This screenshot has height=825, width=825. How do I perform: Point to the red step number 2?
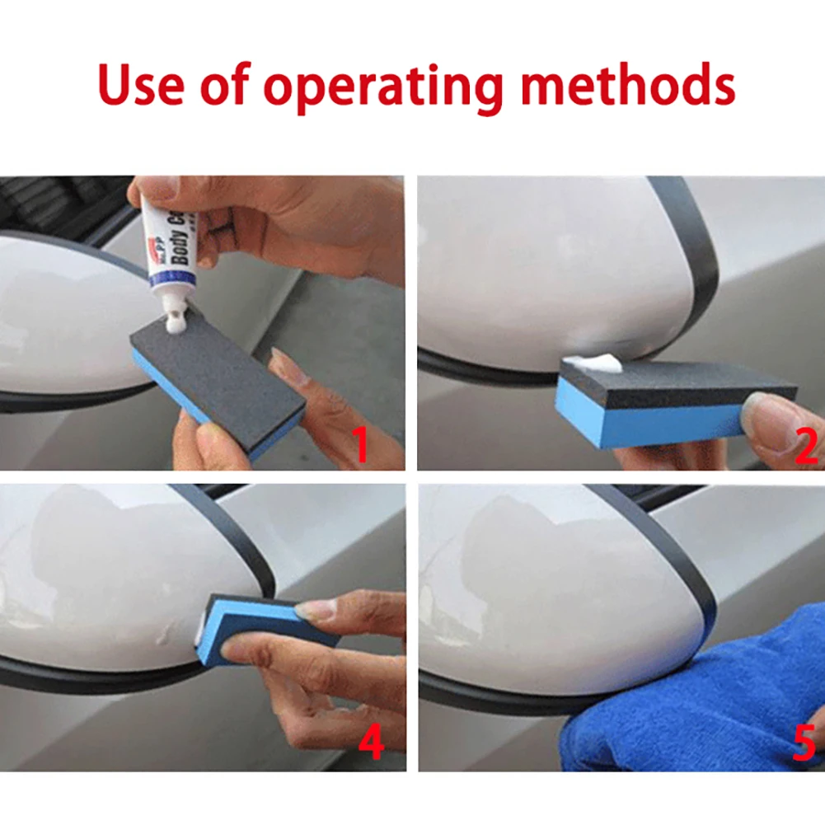[806, 444]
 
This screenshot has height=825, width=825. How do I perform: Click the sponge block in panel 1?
[218, 384]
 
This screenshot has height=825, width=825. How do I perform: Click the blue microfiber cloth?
[692, 709]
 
